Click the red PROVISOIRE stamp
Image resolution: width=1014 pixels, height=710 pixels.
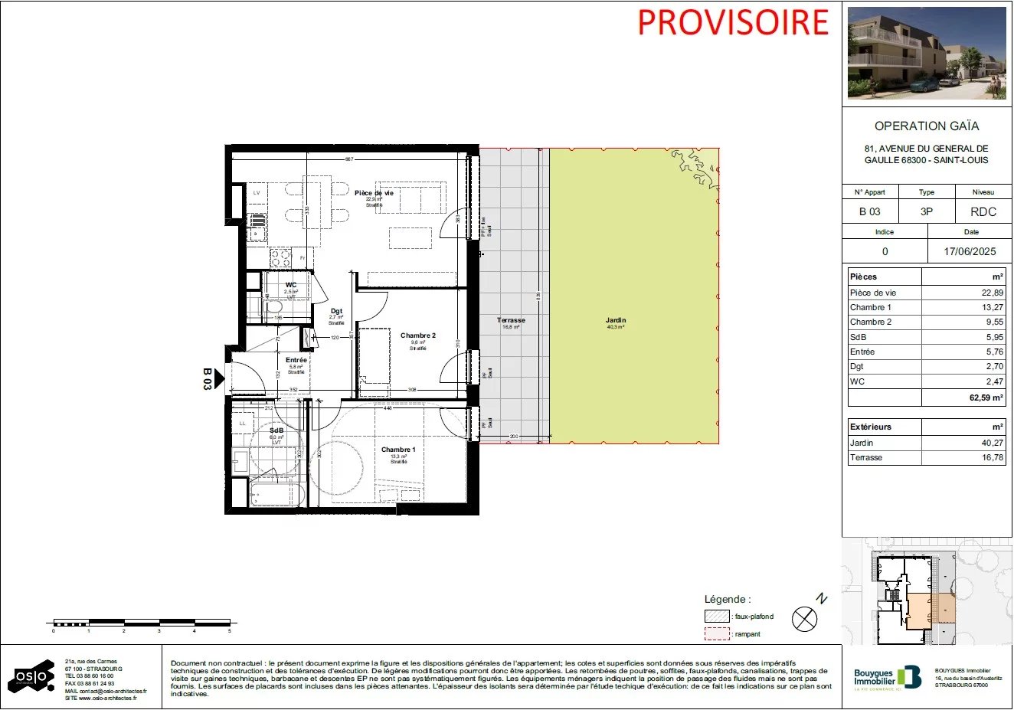coord(733,22)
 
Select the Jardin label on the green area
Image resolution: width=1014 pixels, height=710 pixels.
coord(615,320)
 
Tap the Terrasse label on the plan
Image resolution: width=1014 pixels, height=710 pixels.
coord(511,320)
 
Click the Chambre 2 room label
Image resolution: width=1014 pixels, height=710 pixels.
coord(417,335)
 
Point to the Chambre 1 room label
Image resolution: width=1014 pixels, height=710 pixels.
coord(398,450)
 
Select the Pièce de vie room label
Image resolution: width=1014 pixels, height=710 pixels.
coord(374,193)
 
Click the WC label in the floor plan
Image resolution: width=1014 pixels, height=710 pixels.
coord(291,285)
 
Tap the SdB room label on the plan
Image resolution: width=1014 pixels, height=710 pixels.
coord(276,430)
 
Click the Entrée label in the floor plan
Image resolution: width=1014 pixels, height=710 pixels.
coord(296,360)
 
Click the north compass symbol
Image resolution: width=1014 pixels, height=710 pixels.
coord(804,618)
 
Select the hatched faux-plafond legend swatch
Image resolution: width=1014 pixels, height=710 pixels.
coord(717,617)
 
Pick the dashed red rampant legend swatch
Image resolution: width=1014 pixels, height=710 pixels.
coord(717,634)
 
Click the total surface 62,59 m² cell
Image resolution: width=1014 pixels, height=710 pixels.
coord(986,398)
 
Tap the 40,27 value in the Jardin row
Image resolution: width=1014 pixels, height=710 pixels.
coord(993,443)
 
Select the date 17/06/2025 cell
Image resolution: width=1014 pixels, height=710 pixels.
coord(970,251)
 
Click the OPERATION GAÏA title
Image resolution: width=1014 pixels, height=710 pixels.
coord(927,126)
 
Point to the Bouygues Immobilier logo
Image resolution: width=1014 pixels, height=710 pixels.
coord(887,677)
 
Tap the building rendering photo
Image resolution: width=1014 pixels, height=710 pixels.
coord(927,54)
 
